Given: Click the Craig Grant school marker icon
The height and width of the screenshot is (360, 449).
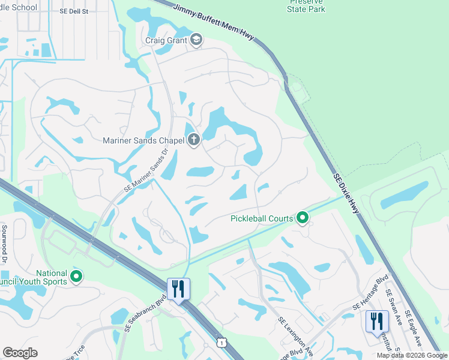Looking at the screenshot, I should pos(196,40).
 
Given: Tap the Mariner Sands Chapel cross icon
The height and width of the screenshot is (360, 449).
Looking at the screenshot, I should pos(193,140).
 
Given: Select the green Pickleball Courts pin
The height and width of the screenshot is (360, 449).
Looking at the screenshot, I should pos(303,218).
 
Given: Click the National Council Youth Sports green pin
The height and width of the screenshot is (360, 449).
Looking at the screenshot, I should pos(76,277).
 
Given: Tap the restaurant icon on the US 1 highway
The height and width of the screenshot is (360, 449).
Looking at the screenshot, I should pos(178,289).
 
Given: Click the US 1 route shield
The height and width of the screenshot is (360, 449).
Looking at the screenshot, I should pos(222,342).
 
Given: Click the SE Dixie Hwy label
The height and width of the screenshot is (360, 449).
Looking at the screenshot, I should pos(349,196).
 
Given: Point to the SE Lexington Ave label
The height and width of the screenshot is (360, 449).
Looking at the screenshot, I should pos(295,337).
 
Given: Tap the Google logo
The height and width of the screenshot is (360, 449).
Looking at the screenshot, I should pos(20,353).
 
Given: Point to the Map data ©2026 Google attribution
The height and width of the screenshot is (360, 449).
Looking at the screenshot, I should pos(412,355).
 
